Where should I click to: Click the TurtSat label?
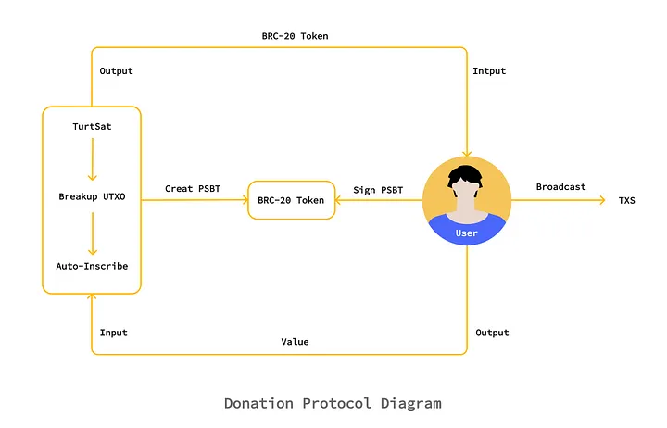click(92, 125)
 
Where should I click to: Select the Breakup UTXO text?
click(92, 197)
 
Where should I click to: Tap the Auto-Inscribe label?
click(92, 266)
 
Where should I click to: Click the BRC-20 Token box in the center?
click(291, 200)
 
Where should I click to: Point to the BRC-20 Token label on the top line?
click(295, 36)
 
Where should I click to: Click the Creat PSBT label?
click(192, 189)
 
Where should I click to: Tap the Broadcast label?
click(560, 187)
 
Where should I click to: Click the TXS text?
click(627, 200)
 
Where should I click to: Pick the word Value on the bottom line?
click(295, 342)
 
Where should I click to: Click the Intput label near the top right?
click(490, 70)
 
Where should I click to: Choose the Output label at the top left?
click(116, 70)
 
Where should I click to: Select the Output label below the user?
click(492, 333)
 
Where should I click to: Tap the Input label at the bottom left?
click(113, 333)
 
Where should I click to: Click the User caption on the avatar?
click(467, 233)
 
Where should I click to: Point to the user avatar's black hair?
click(466, 173)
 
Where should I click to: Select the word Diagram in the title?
click(410, 404)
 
